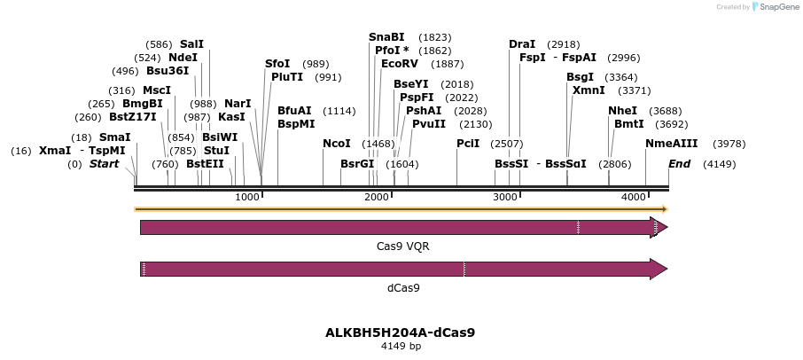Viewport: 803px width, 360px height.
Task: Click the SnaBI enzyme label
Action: coord(386,36)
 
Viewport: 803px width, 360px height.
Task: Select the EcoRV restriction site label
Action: coord(399,64)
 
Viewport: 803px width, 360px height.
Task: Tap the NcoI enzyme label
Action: coord(337,143)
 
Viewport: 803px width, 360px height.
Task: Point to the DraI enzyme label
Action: coord(522,43)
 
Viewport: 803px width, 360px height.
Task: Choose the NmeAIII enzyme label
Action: coord(672,143)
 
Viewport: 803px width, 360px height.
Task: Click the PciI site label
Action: coord(468,143)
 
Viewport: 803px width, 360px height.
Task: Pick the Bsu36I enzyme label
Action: coord(168,70)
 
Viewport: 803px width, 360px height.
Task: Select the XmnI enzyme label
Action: coord(588,90)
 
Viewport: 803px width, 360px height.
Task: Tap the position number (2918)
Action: coord(564,43)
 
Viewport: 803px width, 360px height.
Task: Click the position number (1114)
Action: coord(340,111)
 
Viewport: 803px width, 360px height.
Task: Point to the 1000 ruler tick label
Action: coord(247,196)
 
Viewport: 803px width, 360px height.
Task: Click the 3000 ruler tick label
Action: coord(505,196)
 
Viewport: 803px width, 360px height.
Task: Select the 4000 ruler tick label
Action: coord(634,196)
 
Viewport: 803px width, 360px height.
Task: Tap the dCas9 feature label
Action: coord(403,287)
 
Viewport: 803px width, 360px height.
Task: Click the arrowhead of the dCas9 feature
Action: coord(659,269)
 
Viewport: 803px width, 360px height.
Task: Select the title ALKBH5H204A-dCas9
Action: coord(401,333)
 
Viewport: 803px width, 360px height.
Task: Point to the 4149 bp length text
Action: coord(401,346)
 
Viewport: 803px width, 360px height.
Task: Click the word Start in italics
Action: coord(104,164)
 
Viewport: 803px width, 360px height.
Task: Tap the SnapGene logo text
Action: coord(777,7)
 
